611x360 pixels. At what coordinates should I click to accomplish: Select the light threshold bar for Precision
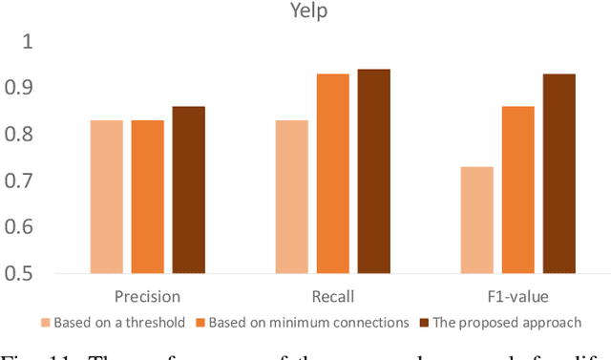pyautogui.click(x=107, y=197)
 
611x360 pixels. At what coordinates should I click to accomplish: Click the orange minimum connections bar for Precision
pyautogui.click(x=147, y=197)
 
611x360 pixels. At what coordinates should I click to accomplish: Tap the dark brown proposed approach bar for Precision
pyautogui.click(x=188, y=190)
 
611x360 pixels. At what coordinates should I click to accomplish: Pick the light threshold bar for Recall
pyautogui.click(x=292, y=197)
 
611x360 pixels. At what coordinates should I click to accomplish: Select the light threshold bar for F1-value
pyautogui.click(x=477, y=220)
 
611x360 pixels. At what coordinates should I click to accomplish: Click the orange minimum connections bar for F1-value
pyautogui.click(x=518, y=190)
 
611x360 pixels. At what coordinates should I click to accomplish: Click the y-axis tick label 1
pyautogui.click(x=27, y=42)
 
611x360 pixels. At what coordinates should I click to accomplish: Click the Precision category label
pyautogui.click(x=147, y=297)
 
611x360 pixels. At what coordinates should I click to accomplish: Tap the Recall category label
pyautogui.click(x=332, y=297)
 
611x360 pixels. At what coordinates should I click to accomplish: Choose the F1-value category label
pyautogui.click(x=517, y=297)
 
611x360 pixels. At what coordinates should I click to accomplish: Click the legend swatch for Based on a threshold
pyautogui.click(x=45, y=323)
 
